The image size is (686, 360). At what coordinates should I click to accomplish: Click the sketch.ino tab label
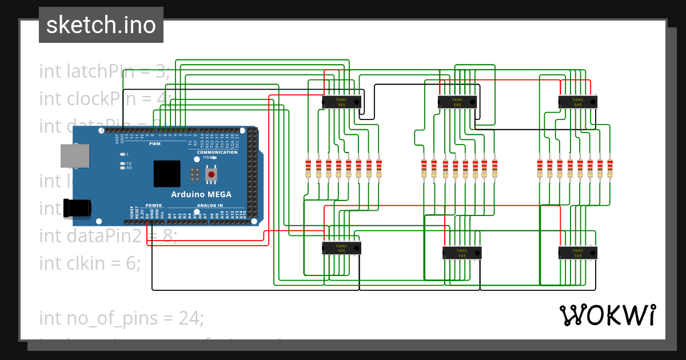tap(101, 25)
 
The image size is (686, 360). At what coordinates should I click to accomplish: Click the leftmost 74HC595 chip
tap(341, 102)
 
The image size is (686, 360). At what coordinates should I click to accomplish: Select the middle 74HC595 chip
tap(457, 102)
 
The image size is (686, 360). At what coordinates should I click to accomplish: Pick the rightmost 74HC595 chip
tap(578, 102)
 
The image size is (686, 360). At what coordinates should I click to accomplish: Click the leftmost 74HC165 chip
tap(341, 248)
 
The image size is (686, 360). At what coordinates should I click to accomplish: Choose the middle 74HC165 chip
tap(462, 253)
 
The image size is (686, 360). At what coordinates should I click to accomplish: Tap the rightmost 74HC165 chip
tap(578, 253)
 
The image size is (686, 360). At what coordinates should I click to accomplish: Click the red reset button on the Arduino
tap(212, 174)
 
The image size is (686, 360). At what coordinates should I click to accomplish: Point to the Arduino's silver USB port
tap(75, 157)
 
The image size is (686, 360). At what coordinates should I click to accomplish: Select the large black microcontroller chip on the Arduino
tap(167, 174)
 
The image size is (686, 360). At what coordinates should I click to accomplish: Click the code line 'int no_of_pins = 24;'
tap(121, 318)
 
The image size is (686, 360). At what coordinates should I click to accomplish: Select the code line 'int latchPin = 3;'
tap(105, 71)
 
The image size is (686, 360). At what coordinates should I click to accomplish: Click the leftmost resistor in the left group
tap(309, 168)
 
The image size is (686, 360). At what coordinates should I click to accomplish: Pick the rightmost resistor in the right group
tap(610, 168)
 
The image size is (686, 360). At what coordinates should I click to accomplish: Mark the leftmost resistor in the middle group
tap(424, 168)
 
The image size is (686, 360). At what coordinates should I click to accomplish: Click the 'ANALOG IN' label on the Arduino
tap(210, 205)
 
